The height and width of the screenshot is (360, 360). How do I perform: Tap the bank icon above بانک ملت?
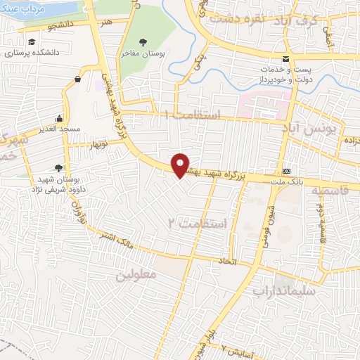pyautogui.click(x=286, y=171)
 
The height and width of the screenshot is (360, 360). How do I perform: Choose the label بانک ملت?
pyautogui.click(x=286, y=182)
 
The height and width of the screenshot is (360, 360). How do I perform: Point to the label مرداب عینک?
pyautogui.click(x=23, y=9)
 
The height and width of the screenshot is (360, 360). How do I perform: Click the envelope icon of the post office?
pyautogui.click(x=285, y=59)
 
